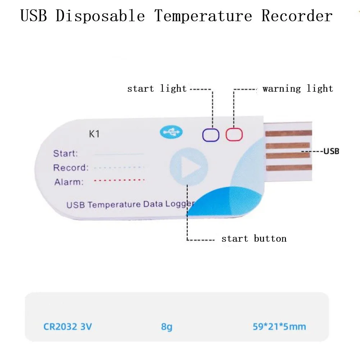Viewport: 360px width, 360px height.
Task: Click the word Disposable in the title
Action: tap(100, 16)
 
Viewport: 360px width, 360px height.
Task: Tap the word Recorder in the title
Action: tap(297, 16)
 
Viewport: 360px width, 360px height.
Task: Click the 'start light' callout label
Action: tap(157, 89)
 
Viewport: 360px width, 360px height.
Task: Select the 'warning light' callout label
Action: tap(298, 89)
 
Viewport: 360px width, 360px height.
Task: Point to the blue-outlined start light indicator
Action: tap(211, 135)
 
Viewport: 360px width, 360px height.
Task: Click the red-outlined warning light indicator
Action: tap(234, 135)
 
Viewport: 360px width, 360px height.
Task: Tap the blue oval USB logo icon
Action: tap(171, 132)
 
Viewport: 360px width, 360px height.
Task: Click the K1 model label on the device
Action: tap(94, 135)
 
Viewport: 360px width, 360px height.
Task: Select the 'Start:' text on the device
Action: tap(65, 154)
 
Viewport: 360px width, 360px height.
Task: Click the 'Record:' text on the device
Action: tap(70, 168)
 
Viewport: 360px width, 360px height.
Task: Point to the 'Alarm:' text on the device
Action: tap(69, 182)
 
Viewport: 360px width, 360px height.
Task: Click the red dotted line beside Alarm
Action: tap(119, 180)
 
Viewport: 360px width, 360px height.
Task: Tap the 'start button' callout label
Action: tap(254, 239)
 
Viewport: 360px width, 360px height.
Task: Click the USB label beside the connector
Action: tap(331, 151)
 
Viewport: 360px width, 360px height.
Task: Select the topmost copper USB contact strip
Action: tap(288, 133)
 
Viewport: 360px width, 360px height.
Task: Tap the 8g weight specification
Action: tap(167, 327)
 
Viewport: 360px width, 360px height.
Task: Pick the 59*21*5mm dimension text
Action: tap(279, 327)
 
